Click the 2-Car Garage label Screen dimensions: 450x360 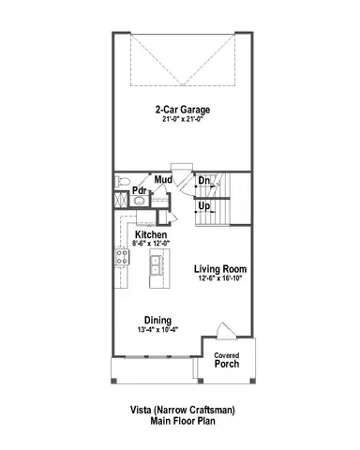[x=182, y=109]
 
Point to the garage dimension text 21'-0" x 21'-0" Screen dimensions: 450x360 [x=182, y=119]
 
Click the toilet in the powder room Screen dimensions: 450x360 [x=120, y=181]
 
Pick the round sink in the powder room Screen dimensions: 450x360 [x=121, y=199]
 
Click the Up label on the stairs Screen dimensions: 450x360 [x=203, y=205]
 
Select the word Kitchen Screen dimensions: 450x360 [x=151, y=234]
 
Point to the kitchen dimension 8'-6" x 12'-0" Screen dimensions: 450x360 [x=151, y=244]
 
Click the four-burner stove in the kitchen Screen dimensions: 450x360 [x=121, y=257]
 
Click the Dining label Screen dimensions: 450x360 [x=157, y=321]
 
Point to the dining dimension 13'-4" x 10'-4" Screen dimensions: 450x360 [x=157, y=331]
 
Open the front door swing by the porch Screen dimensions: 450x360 [x=224, y=335]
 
